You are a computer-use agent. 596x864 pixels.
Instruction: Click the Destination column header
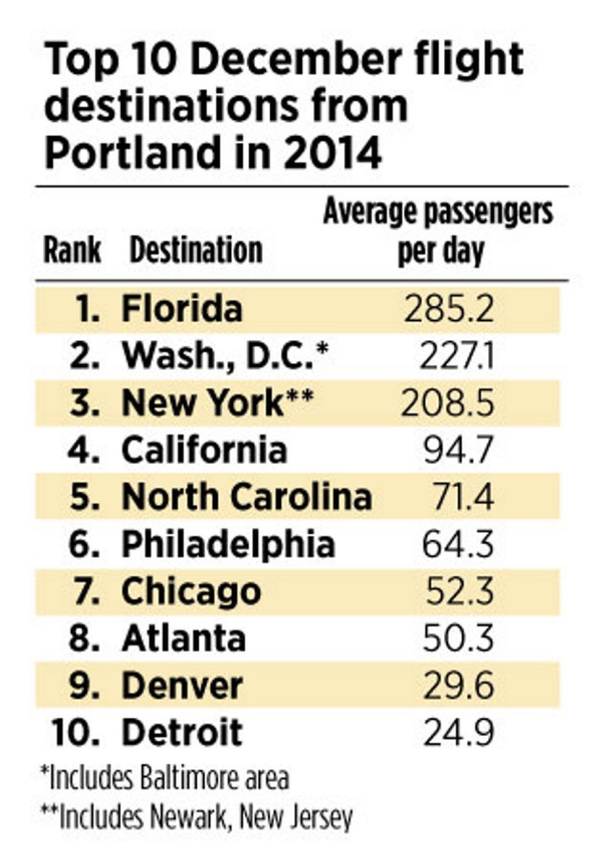coord(196,250)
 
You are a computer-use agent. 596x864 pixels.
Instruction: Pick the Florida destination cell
coord(182,309)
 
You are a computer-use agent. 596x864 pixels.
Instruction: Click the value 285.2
coord(448,310)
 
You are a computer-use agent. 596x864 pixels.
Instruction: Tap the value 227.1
coord(457,357)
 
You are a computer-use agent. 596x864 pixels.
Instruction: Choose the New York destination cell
coord(216,403)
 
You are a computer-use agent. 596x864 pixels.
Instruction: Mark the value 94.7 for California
coord(458,451)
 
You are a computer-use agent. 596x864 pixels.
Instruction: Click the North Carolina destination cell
coord(247,498)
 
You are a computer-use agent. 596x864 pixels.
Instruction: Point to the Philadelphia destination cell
coord(228,544)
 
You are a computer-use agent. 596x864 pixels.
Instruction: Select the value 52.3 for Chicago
coord(458,591)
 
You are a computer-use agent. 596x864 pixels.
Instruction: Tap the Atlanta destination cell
coord(183,638)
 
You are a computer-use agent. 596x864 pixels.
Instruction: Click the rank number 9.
coord(84,685)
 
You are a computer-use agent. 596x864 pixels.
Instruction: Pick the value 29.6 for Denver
coord(458,685)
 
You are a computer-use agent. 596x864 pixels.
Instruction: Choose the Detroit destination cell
coord(182,732)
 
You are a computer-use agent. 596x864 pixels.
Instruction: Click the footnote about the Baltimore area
coord(165,777)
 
